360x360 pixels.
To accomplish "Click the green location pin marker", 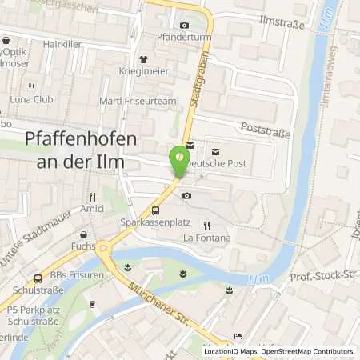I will coord(179,163).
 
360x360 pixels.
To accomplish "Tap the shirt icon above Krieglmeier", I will coord(143,59).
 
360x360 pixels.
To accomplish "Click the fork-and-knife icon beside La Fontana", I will coord(206,226).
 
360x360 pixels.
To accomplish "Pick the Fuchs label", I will coord(83,246).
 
